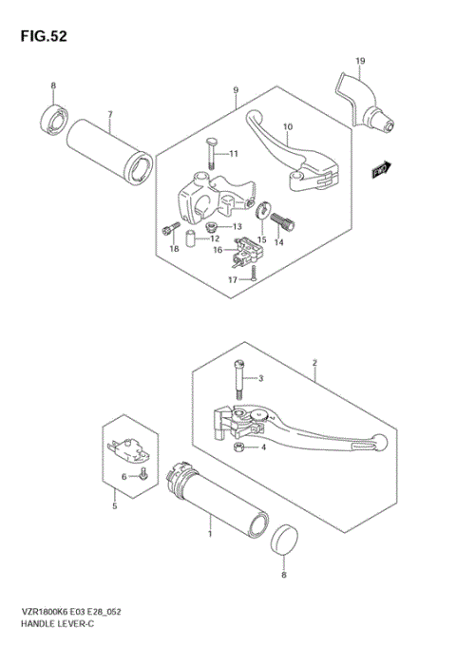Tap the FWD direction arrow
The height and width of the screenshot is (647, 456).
(383, 169)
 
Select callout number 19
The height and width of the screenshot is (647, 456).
(360, 62)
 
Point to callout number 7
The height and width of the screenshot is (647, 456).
(110, 115)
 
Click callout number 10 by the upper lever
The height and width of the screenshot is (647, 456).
(288, 126)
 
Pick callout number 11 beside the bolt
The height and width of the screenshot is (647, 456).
(234, 154)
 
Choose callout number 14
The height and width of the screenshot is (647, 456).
(278, 243)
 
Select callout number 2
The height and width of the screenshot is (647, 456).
(313, 363)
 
